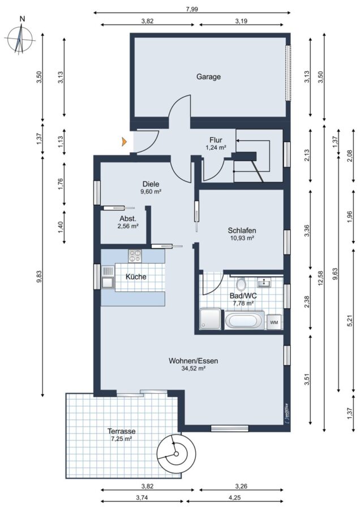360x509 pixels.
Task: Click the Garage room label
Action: coord(208,77)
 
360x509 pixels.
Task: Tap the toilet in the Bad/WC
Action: coord(241,284)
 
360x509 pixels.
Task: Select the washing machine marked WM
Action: coord(273,322)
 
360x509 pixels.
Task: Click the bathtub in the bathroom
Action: coord(245,321)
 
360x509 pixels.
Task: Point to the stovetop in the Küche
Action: coord(135,256)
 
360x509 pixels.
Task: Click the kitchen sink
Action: coord(108,277)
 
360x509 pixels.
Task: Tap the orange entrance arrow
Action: coord(124,141)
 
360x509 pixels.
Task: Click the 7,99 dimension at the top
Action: coord(192,8)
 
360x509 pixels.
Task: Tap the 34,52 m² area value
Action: coord(193,368)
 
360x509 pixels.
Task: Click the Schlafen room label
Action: coord(242,231)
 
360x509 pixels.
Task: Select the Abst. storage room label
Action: coord(128,218)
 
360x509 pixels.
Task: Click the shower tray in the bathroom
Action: coord(211,319)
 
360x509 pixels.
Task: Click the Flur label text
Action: coord(216,140)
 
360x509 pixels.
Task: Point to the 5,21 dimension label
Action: coord(350,321)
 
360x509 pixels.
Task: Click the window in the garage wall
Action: coord(288,73)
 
